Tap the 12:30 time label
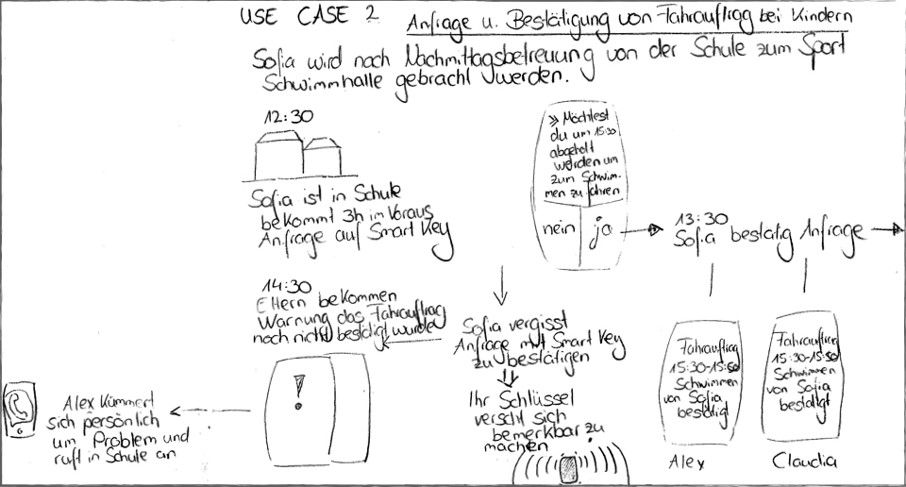pyautogui.click(x=287, y=117)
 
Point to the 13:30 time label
pyautogui.click(x=700, y=219)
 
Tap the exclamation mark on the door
pyautogui.click(x=299, y=389)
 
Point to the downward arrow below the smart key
pyautogui.click(x=501, y=280)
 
